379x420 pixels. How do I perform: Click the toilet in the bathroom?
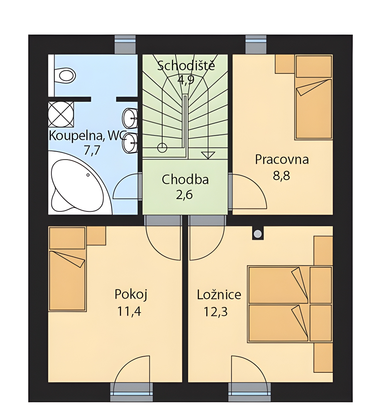(x=65, y=75)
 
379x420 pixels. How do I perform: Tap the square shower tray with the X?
(x=61, y=114)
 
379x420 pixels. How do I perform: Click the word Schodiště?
(x=186, y=65)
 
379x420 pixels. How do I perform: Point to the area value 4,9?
(x=186, y=80)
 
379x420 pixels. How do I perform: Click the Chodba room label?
(x=185, y=180)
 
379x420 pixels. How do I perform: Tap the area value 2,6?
(x=184, y=195)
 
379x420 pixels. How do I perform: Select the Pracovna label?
(x=282, y=160)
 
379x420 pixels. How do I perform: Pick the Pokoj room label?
(x=131, y=295)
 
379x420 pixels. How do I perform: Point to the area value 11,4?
(x=129, y=311)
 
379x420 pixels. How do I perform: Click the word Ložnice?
(x=219, y=295)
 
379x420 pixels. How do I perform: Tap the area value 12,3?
(x=215, y=311)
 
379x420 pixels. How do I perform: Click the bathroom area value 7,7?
(x=92, y=150)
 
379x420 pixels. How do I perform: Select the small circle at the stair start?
(x=162, y=148)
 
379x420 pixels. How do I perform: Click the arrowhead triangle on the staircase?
(x=208, y=155)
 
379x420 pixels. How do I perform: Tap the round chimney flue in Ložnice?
(x=258, y=234)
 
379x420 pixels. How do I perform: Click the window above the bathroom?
(x=125, y=44)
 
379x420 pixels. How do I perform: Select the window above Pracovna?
(x=256, y=44)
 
